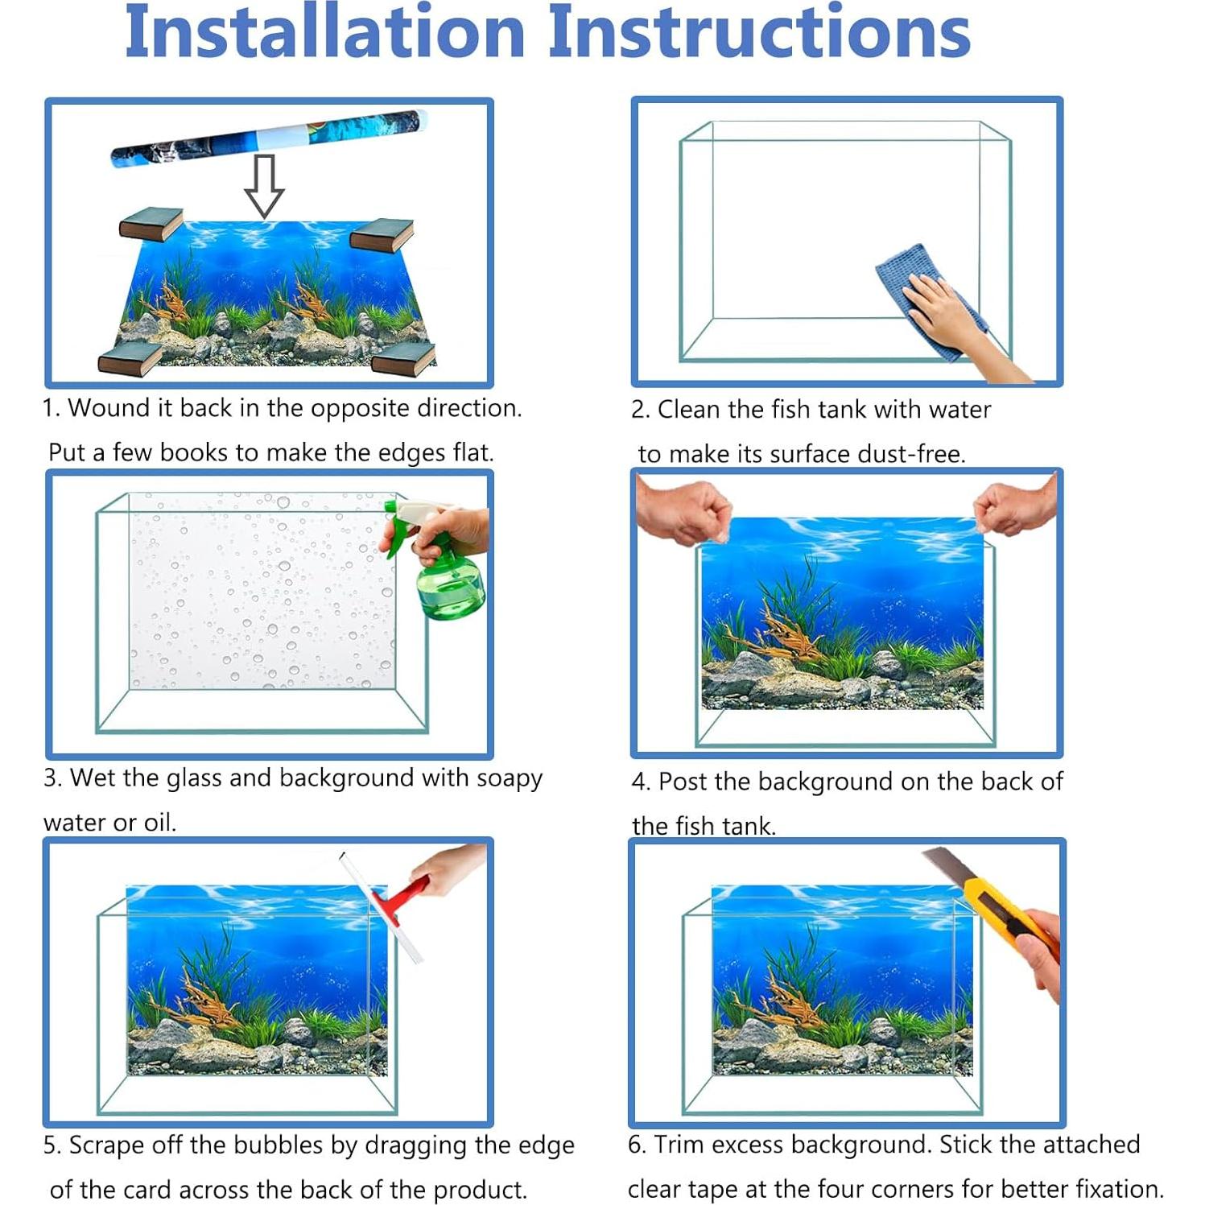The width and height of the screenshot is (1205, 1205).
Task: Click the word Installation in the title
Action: (324, 32)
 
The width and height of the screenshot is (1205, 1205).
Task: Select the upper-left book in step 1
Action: (151, 224)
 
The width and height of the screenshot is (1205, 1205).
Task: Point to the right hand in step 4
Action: (1016, 508)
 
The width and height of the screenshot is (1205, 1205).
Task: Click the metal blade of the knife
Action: (943, 865)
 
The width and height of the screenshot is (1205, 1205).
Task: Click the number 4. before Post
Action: (641, 782)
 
